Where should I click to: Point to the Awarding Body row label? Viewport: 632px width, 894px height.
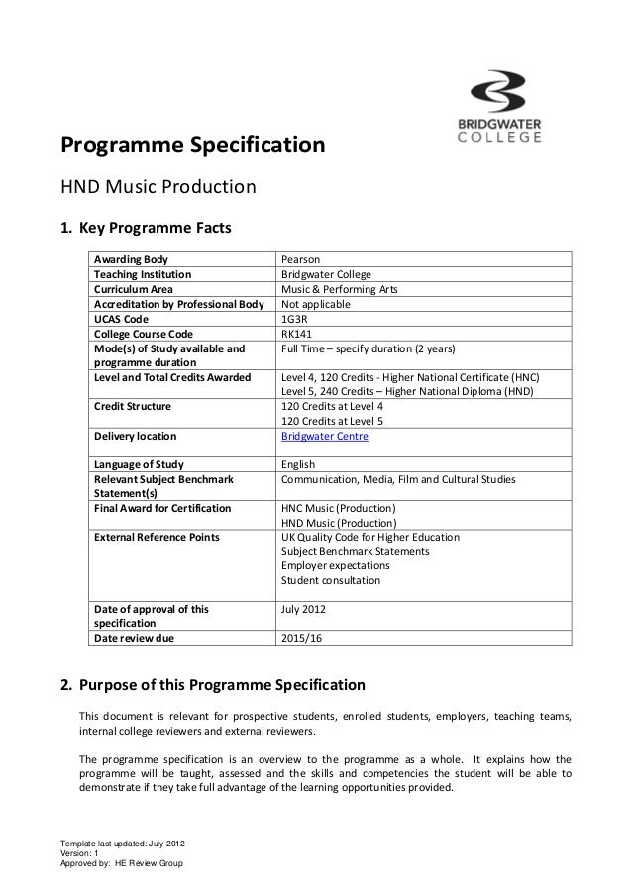tap(131, 259)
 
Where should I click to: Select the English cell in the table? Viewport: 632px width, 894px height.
tap(298, 464)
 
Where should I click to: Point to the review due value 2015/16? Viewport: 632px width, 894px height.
tap(302, 639)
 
